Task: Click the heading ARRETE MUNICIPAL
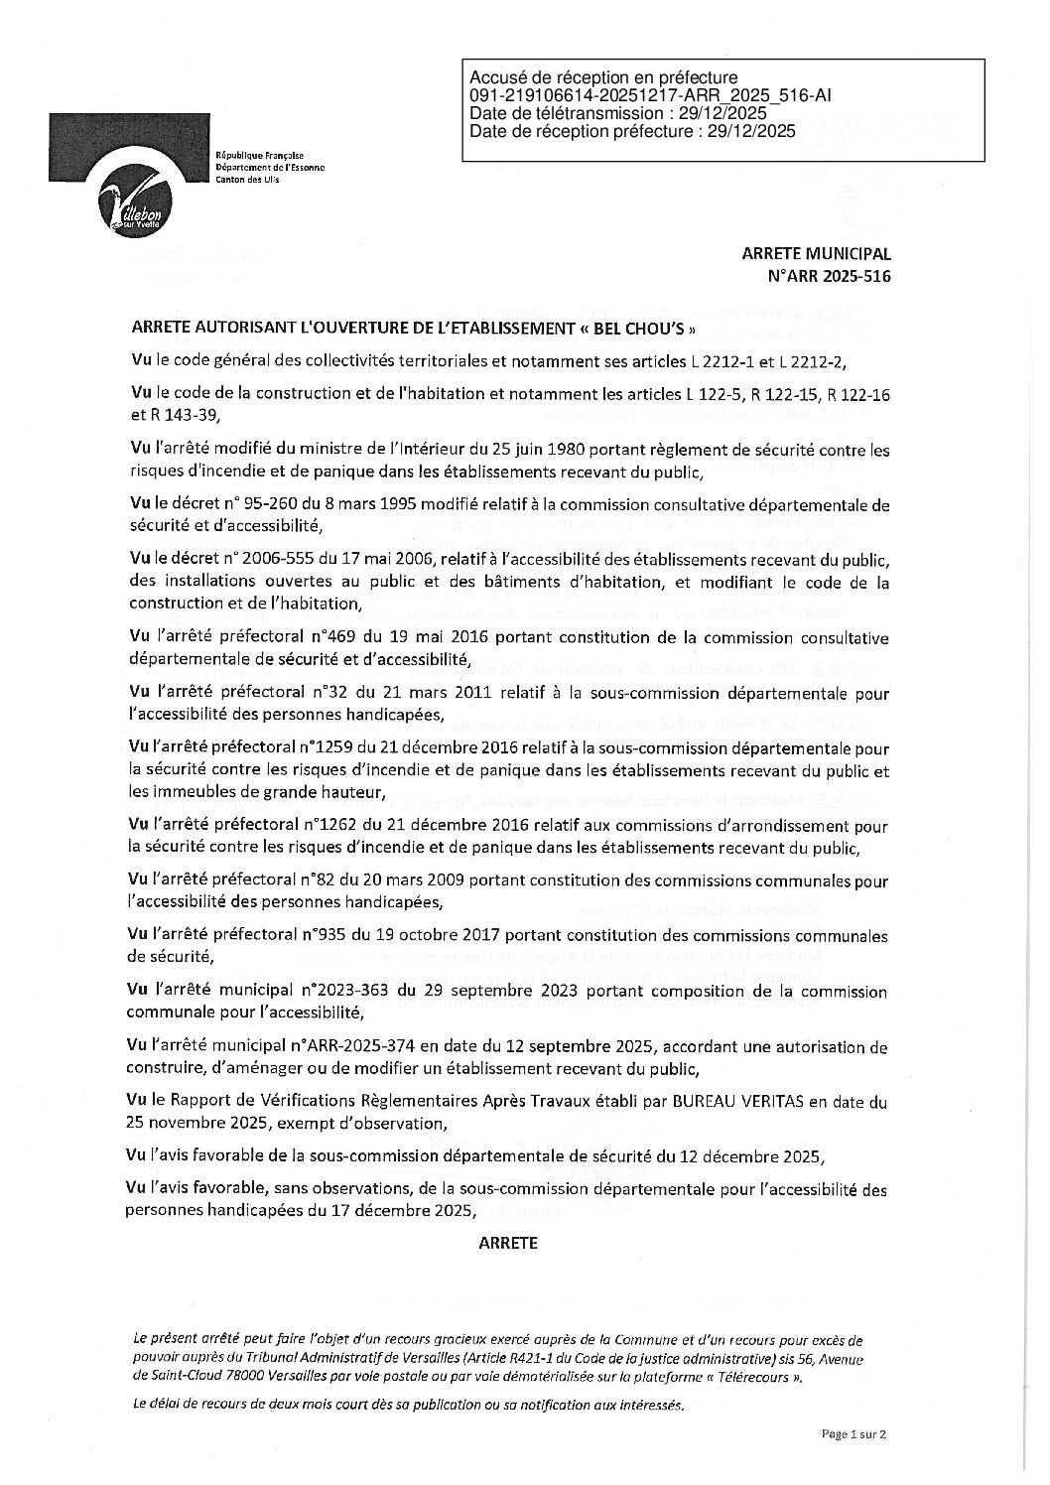(x=816, y=253)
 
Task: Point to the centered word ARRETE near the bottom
(x=507, y=1242)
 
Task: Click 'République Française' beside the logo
(x=259, y=157)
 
